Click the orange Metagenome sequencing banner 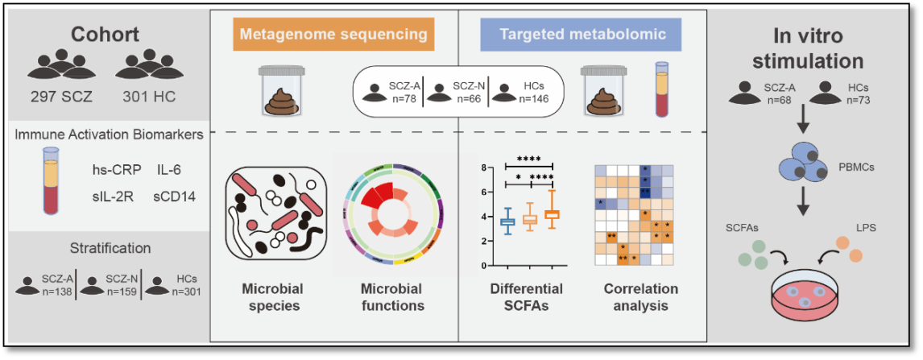click(334, 34)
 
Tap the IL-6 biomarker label click(168, 171)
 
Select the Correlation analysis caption click(640, 297)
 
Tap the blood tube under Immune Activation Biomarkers click(52, 179)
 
